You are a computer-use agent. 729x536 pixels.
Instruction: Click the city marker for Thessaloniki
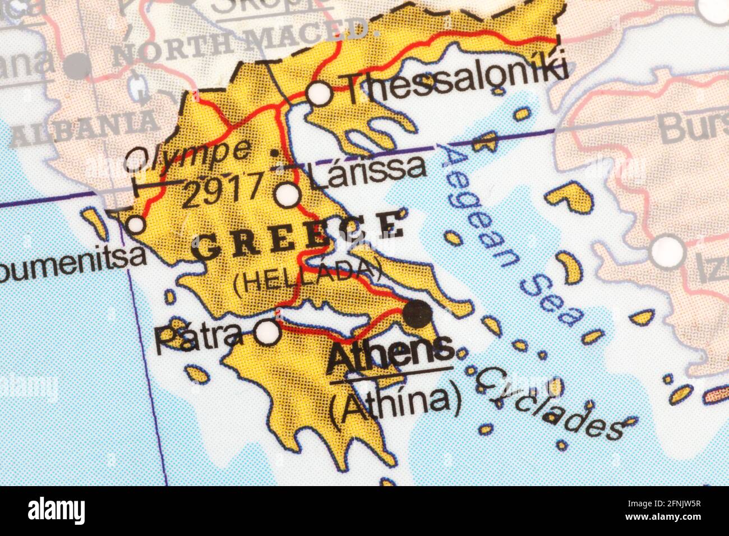pyautogui.click(x=320, y=94)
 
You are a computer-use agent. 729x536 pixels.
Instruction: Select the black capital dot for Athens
pyautogui.click(x=418, y=313)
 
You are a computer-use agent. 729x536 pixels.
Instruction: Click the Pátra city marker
pyautogui.click(x=267, y=332)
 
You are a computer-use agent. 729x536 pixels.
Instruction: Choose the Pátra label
pyautogui.click(x=200, y=336)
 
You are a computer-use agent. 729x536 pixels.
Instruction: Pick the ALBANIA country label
pyautogui.click(x=84, y=129)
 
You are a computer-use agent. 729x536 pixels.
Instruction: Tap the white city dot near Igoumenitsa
pyautogui.click(x=136, y=225)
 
